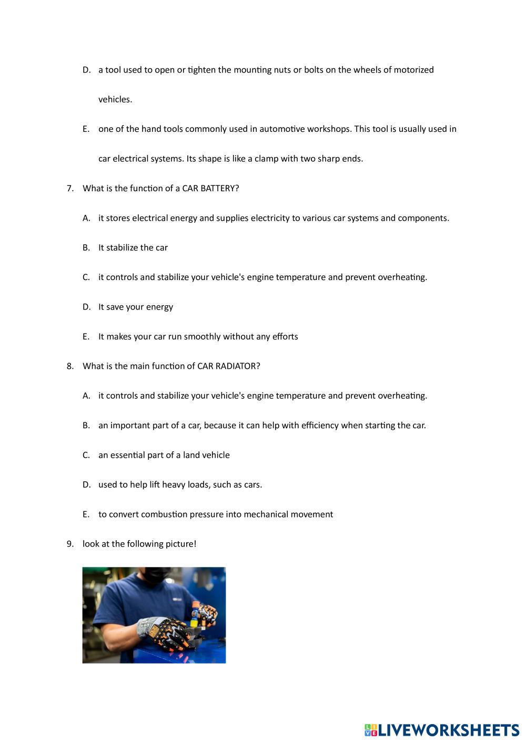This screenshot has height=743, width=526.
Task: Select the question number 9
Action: tap(70, 544)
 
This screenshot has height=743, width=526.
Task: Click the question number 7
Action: tap(70, 188)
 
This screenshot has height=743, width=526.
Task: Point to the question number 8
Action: tap(70, 366)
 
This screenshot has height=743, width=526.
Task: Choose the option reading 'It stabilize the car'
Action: tap(133, 247)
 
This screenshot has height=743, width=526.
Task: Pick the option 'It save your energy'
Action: tap(135, 307)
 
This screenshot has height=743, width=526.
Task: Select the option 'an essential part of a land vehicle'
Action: tap(164, 455)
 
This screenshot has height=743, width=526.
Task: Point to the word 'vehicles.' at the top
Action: tap(115, 99)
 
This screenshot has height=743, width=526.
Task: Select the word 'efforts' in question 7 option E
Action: tap(285, 336)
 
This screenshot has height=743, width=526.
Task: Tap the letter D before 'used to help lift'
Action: tap(86, 484)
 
